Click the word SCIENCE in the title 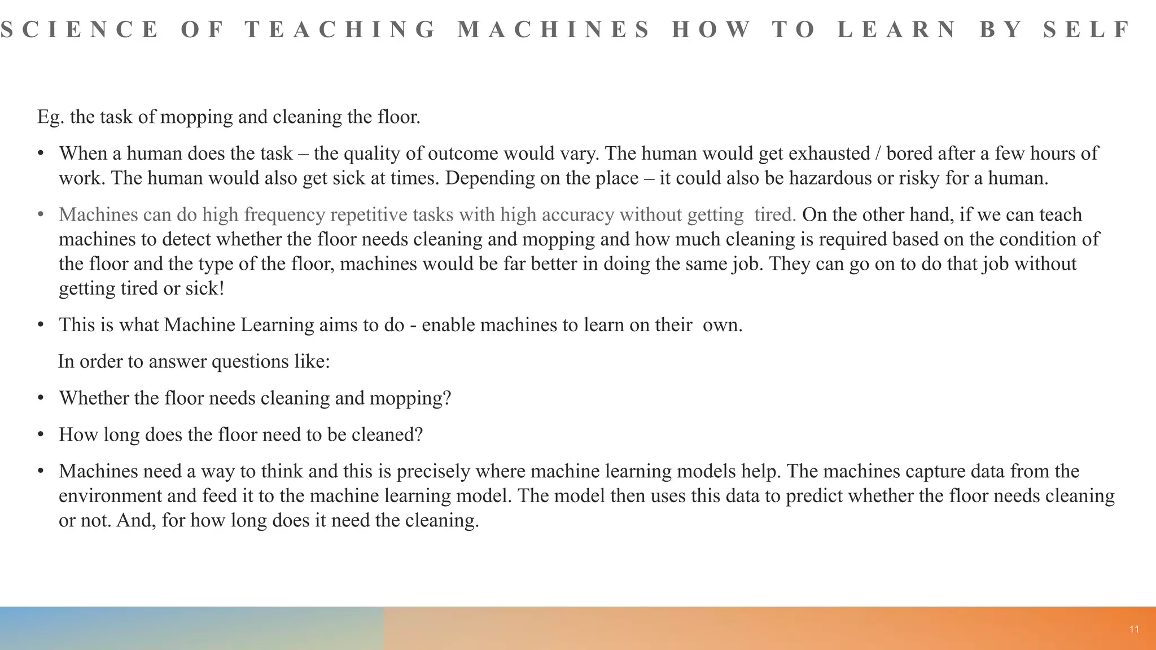coord(80,29)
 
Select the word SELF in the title coord(1087,29)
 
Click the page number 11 coord(1134,630)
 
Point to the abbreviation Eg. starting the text coord(51,117)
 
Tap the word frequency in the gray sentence coord(285,215)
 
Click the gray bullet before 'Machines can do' coord(40,215)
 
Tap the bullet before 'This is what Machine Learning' coord(40,325)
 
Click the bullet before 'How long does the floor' coord(40,435)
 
